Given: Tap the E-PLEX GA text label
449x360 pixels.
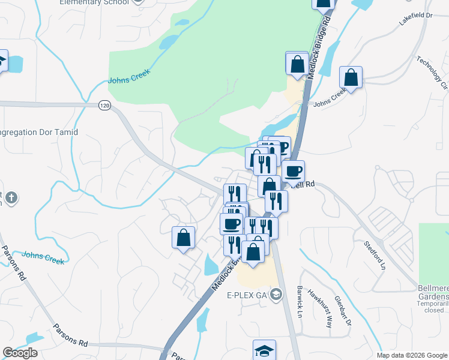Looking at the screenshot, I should point(246,295).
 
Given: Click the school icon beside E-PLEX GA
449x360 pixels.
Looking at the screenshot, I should point(276,294).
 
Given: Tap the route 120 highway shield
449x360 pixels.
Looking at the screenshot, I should point(105,106).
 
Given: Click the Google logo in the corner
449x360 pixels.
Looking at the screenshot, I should point(20,353).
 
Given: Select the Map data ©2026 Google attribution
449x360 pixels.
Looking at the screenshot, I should point(412,355).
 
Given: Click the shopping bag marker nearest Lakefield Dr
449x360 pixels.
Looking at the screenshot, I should point(351,78).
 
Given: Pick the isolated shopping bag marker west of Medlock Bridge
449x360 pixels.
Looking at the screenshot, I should point(184,238).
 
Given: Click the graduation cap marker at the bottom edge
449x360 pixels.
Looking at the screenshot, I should point(264,350).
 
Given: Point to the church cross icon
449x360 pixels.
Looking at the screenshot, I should point(13,197).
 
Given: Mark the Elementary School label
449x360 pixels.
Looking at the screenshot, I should point(94,2).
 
